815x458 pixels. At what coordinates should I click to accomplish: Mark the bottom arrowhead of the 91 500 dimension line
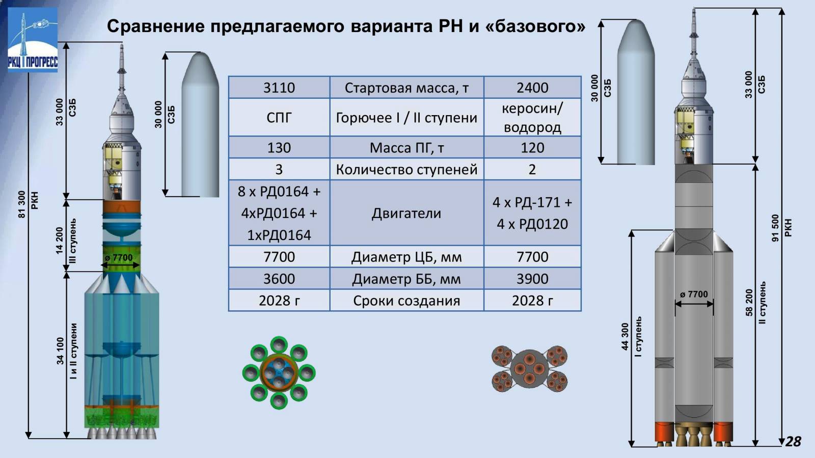pos(781,442)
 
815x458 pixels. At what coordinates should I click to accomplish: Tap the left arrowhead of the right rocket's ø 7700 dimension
pos(678,304)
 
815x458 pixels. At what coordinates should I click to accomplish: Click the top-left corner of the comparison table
pos(229,76)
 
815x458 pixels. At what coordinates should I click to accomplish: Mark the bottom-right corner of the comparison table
pos(581,311)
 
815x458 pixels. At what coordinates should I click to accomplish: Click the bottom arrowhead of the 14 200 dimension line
pos(66,268)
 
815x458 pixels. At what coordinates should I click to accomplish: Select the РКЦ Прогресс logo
pos(33,40)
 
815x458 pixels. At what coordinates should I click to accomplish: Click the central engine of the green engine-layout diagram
pos(279,373)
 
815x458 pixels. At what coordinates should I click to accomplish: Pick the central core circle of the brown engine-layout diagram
pos(529,369)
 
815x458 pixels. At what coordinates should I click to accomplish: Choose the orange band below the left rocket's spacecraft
pos(122,206)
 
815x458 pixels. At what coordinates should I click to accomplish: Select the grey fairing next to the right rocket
pos(636,92)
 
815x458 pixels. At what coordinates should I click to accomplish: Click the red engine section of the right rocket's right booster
pos(723,432)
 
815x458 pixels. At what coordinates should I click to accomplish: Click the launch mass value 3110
pos(279,88)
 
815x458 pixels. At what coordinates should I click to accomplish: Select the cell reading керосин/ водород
pos(532,118)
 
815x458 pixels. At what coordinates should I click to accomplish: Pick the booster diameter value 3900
pos(532,279)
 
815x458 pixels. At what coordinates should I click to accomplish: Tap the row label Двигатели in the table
pos(406,213)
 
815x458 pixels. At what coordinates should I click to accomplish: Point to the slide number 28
pos(793,442)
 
